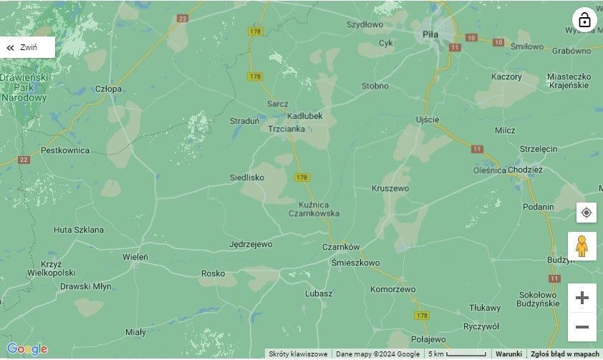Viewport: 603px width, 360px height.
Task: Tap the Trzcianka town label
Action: pos(286,129)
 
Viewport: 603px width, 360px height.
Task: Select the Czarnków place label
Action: pos(340,247)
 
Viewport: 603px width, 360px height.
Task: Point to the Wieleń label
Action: pos(135,256)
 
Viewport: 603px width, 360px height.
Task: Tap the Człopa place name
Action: pos(108,89)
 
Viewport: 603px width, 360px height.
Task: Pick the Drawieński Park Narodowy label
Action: pos(24,87)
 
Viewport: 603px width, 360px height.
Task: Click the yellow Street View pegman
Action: pos(582,245)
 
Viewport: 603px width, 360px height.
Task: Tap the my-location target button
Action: pos(586,213)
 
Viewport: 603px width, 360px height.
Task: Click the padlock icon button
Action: pos(584,20)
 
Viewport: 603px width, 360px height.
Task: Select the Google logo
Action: pos(27,349)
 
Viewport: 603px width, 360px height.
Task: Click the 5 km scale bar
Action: pos(458,354)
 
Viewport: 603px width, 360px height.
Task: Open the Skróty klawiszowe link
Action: pos(299,354)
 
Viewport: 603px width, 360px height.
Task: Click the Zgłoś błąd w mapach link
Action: pos(564,354)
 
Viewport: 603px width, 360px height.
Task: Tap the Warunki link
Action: pos(508,354)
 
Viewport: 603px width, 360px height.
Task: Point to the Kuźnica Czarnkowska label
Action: pos(314,208)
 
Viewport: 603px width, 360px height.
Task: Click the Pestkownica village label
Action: pos(65,150)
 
